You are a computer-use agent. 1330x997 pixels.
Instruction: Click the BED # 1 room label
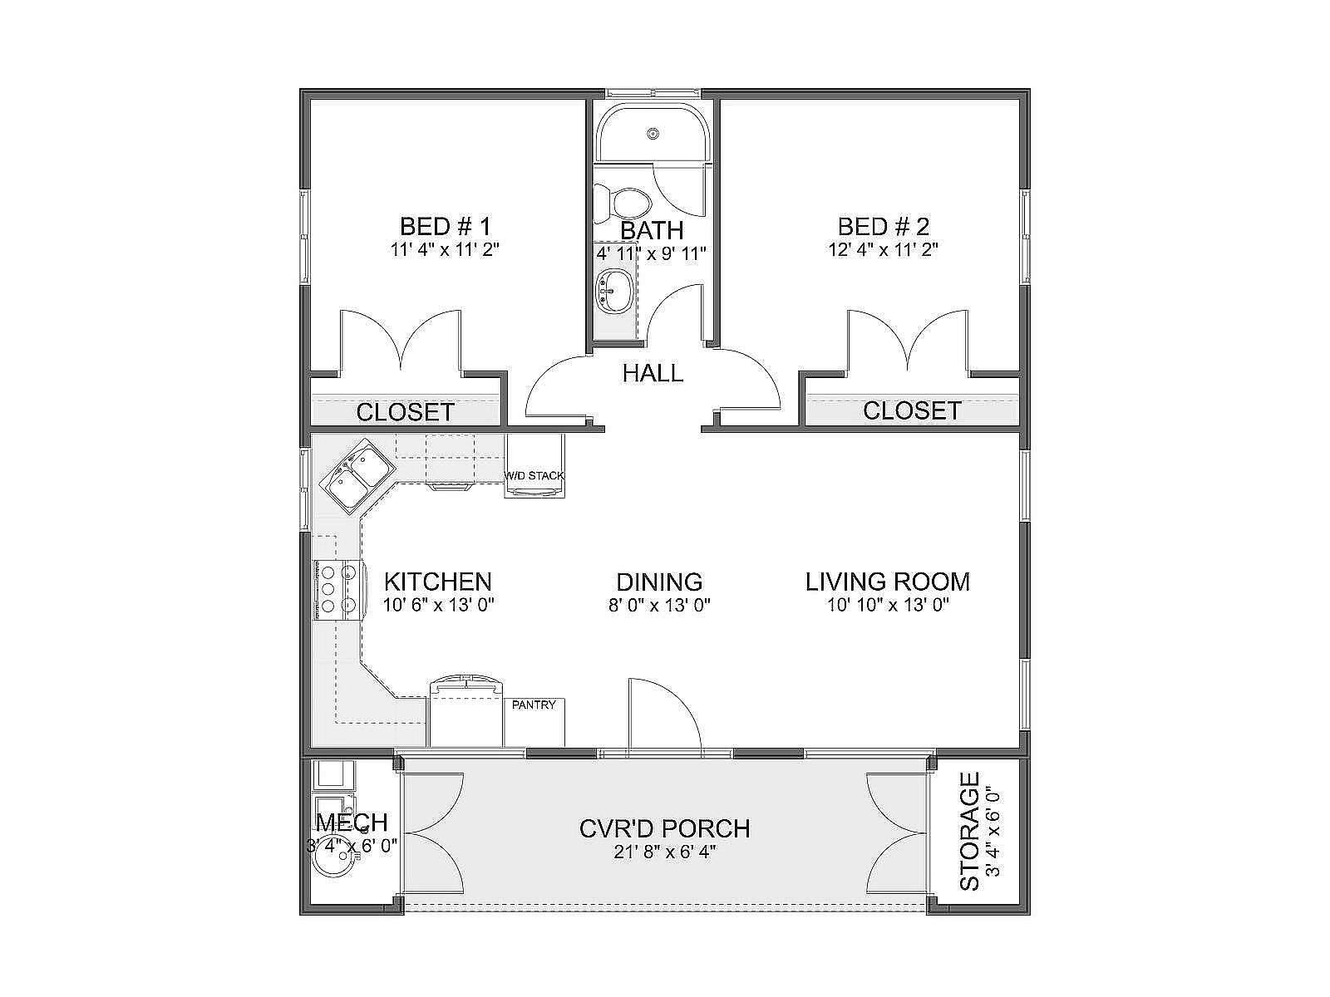(446, 227)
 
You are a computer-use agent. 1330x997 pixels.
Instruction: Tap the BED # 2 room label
(884, 227)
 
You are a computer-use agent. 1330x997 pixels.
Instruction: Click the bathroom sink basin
(615, 292)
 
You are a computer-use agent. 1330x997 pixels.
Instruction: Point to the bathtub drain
(653, 133)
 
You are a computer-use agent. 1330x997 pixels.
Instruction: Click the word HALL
(653, 373)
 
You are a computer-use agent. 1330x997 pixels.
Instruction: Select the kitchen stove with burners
(338, 590)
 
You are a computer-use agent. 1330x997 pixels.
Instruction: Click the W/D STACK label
(534, 476)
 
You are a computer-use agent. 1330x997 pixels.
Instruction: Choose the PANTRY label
(533, 705)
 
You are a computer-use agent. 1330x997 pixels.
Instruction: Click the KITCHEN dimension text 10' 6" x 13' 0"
(439, 605)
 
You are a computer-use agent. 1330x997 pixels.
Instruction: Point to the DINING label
(659, 582)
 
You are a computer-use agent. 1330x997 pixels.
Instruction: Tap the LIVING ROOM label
(888, 582)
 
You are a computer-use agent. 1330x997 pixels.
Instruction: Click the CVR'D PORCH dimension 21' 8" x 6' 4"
(665, 852)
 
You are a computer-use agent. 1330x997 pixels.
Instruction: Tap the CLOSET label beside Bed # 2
(912, 411)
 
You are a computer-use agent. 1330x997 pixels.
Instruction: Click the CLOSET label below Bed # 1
(405, 412)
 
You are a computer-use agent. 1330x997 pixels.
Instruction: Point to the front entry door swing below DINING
(665, 718)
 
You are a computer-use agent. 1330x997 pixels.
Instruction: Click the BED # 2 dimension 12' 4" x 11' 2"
(884, 249)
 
